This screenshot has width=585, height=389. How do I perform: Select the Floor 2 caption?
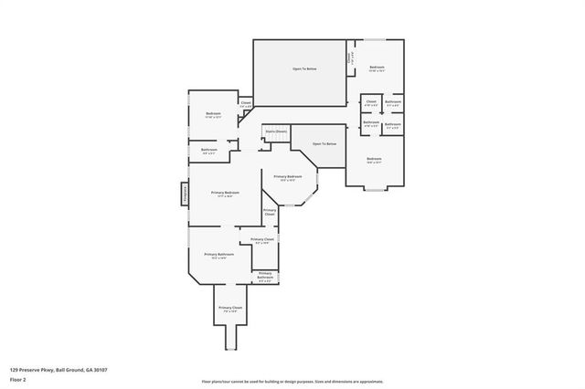coord(17,380)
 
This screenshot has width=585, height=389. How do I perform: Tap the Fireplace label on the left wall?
coord(184,194)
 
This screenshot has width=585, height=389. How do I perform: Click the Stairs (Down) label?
coord(276,131)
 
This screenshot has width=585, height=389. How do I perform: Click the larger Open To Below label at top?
coord(304,68)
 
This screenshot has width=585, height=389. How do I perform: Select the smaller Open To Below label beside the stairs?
coord(324,144)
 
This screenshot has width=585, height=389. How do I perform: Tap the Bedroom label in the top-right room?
coord(377,68)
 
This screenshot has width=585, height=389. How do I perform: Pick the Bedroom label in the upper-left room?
coord(213,114)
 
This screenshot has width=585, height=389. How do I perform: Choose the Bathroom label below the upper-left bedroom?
coord(208,150)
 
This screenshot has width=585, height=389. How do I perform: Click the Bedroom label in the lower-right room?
coord(374,160)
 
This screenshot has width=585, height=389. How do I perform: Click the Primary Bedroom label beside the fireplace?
coord(226,194)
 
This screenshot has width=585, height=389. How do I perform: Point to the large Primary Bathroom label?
coord(218,255)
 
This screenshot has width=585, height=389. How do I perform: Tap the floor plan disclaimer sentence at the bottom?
coord(292,380)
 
